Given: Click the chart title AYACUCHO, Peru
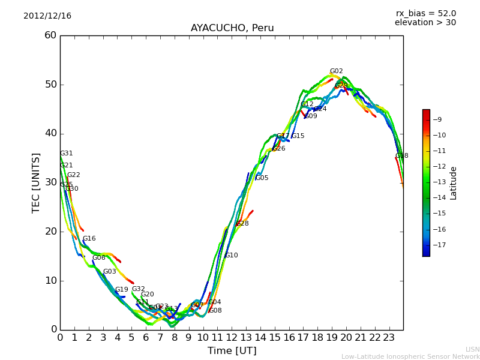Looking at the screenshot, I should click(232, 28).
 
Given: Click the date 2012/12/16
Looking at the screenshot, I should click(47, 16).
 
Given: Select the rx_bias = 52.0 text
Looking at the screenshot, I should click(425, 14).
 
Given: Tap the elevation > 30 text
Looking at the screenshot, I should click(425, 23).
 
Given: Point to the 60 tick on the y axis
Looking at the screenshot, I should click(50, 35).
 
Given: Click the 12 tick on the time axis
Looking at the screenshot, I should click(232, 338).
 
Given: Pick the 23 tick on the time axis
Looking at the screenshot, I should click(389, 338).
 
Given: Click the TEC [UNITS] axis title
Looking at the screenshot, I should click(36, 182).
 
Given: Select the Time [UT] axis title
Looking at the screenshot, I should click(232, 351).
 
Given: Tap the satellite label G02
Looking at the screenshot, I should click(336, 71).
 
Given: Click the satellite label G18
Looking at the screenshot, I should click(401, 156).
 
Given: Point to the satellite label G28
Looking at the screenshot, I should click(242, 224).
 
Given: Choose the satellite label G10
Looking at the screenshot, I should click(231, 256).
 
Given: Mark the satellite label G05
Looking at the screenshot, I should click(262, 178).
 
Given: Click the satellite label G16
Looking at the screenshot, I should click(89, 239).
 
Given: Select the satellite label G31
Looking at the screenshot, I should click(66, 154).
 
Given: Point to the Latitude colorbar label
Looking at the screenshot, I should click(454, 182).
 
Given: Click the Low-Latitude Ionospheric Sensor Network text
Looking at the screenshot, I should click(410, 357).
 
